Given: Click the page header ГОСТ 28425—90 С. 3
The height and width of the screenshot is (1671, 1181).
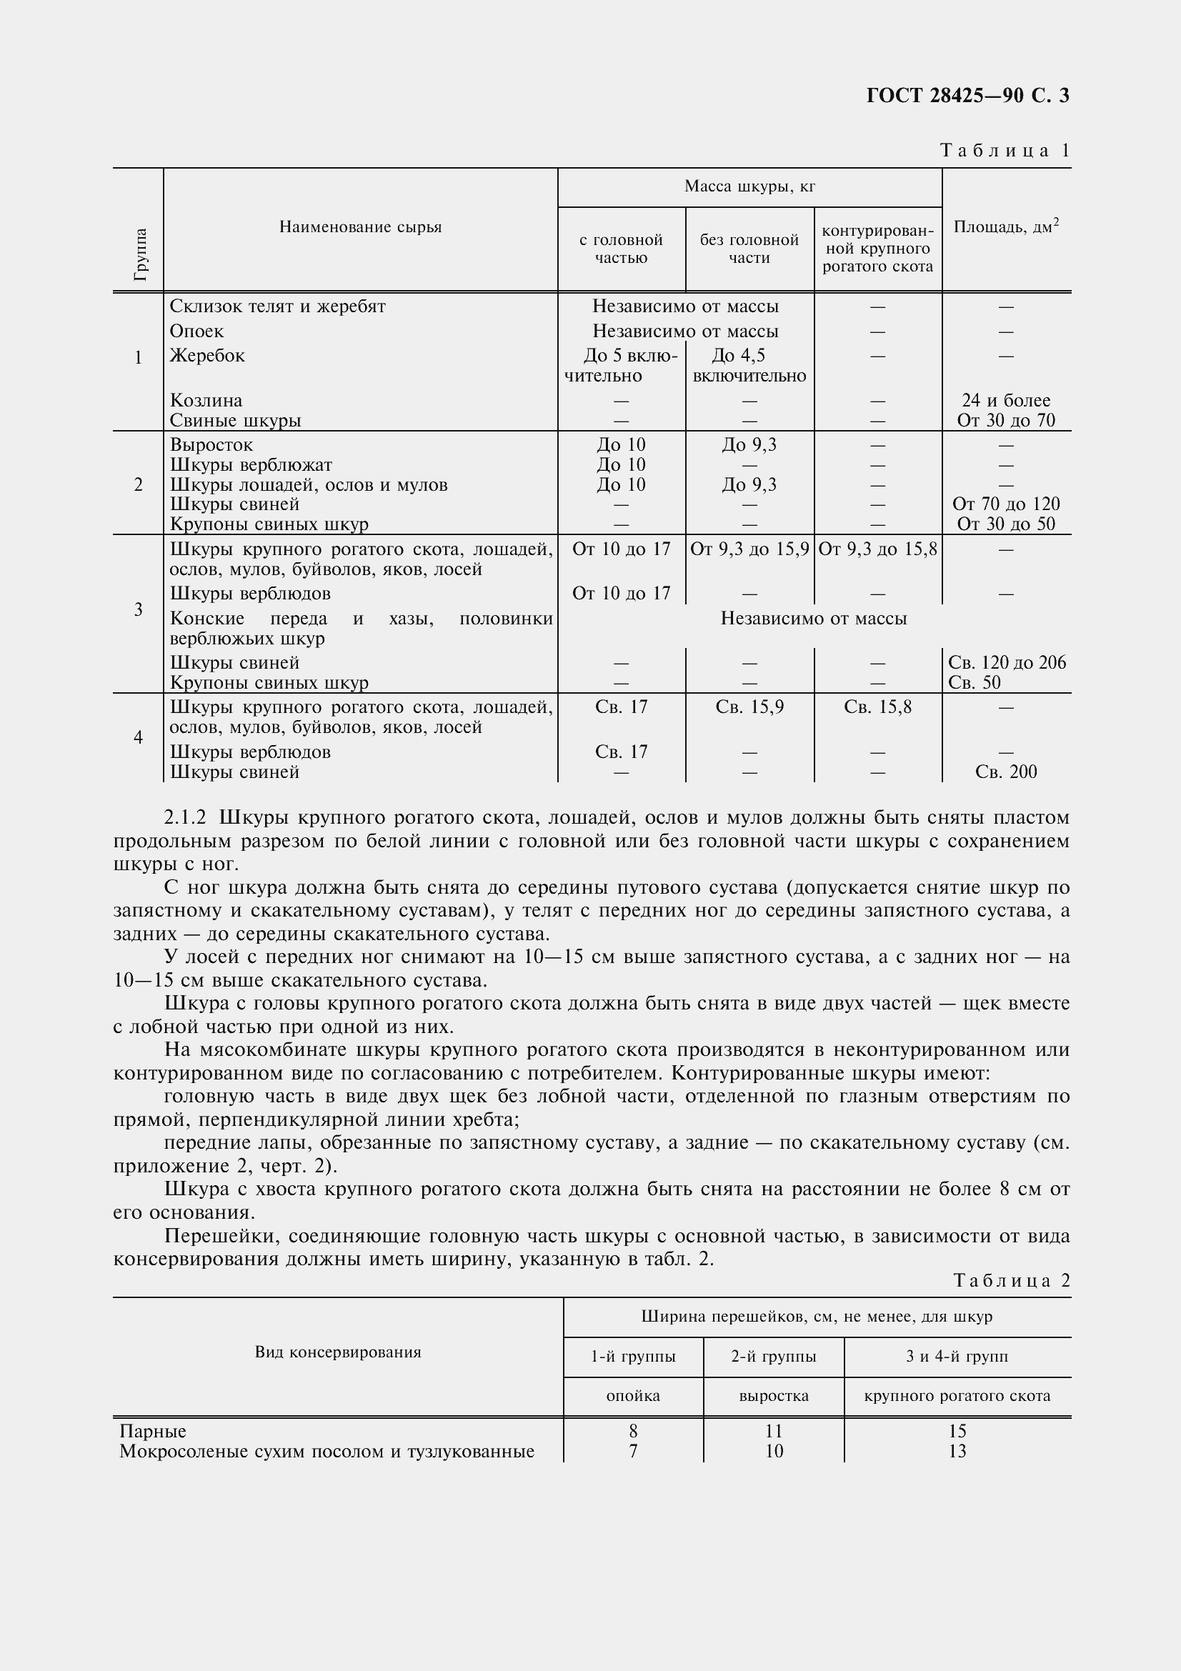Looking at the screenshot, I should pos(967,96).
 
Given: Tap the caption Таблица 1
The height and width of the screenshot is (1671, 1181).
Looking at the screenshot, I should pos(1005,151).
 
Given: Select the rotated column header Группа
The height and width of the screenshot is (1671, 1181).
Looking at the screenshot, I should pos(140,254).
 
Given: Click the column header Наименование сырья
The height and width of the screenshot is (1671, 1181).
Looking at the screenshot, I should pos(360,227).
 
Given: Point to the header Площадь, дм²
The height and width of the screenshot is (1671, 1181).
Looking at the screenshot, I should pos(1006,226).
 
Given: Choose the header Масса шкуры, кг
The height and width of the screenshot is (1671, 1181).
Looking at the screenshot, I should pos(749,187).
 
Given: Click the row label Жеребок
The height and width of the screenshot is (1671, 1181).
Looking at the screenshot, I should pos(207,356).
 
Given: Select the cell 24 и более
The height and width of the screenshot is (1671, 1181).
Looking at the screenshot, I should pos(1006,400).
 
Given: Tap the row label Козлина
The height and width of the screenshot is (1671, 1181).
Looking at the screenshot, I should pos(206,400).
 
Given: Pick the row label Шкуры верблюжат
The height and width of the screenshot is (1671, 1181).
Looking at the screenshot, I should pos(250,464).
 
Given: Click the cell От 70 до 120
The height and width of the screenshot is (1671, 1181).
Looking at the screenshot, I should pos(1006,504).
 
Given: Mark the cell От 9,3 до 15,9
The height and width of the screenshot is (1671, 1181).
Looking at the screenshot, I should pos(749,549).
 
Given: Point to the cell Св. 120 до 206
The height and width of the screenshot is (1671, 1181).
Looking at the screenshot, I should pos(1007,662).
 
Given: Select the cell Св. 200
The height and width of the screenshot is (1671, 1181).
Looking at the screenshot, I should pos(1006,772).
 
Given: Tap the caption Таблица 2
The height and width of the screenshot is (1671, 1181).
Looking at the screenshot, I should pos(1012,1280).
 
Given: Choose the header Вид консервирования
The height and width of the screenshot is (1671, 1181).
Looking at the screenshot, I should pos(338,1352).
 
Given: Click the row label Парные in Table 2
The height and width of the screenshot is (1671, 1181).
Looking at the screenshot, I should pos(153,1431).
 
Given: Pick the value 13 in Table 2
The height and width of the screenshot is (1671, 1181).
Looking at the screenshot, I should pos(957,1451).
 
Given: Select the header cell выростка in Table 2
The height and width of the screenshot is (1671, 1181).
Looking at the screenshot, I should pos(774,1396).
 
